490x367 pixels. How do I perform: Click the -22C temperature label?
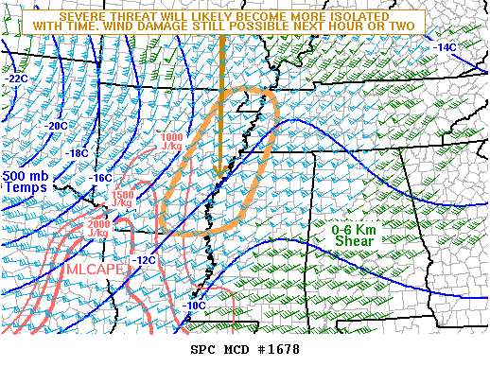17,79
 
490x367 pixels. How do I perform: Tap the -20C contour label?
56,126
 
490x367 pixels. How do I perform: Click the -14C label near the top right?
445,47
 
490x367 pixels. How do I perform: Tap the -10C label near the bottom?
194,306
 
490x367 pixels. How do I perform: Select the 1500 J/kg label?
123,199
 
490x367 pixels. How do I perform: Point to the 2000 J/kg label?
98,228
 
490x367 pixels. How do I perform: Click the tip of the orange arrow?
219,175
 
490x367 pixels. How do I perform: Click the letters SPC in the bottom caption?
202,350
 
